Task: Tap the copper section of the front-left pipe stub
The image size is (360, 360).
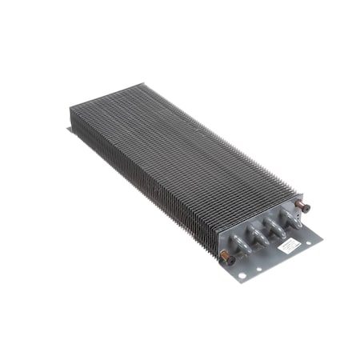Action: point(231,254)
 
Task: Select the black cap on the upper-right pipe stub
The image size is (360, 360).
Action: point(306,209)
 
